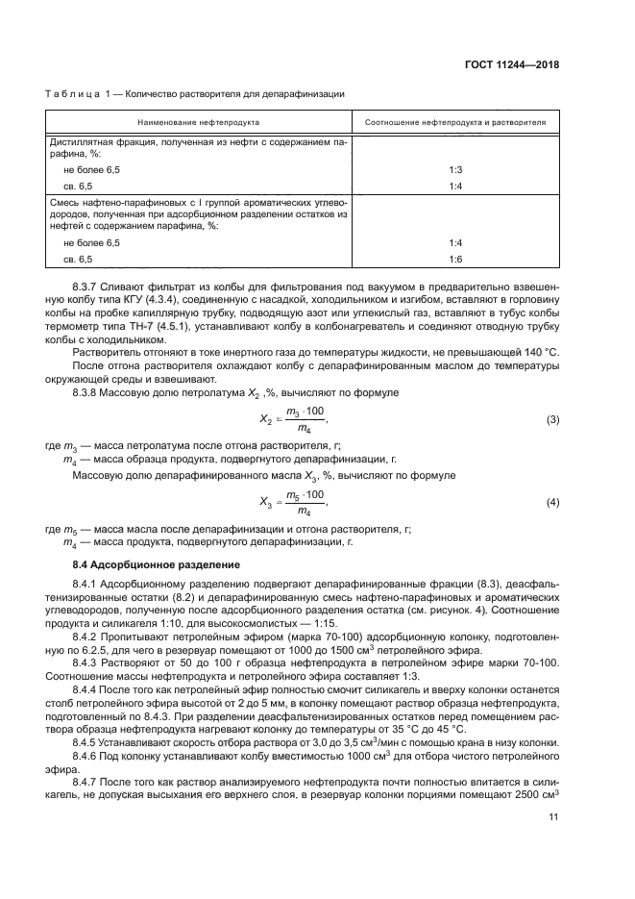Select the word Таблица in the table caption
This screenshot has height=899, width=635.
[72, 94]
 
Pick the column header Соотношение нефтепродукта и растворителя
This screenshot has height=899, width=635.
[455, 123]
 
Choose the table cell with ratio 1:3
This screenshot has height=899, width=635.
[455, 169]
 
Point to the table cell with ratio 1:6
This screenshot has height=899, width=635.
[455, 260]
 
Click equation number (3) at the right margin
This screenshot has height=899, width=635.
[552, 394]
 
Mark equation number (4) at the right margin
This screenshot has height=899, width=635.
[552, 503]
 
